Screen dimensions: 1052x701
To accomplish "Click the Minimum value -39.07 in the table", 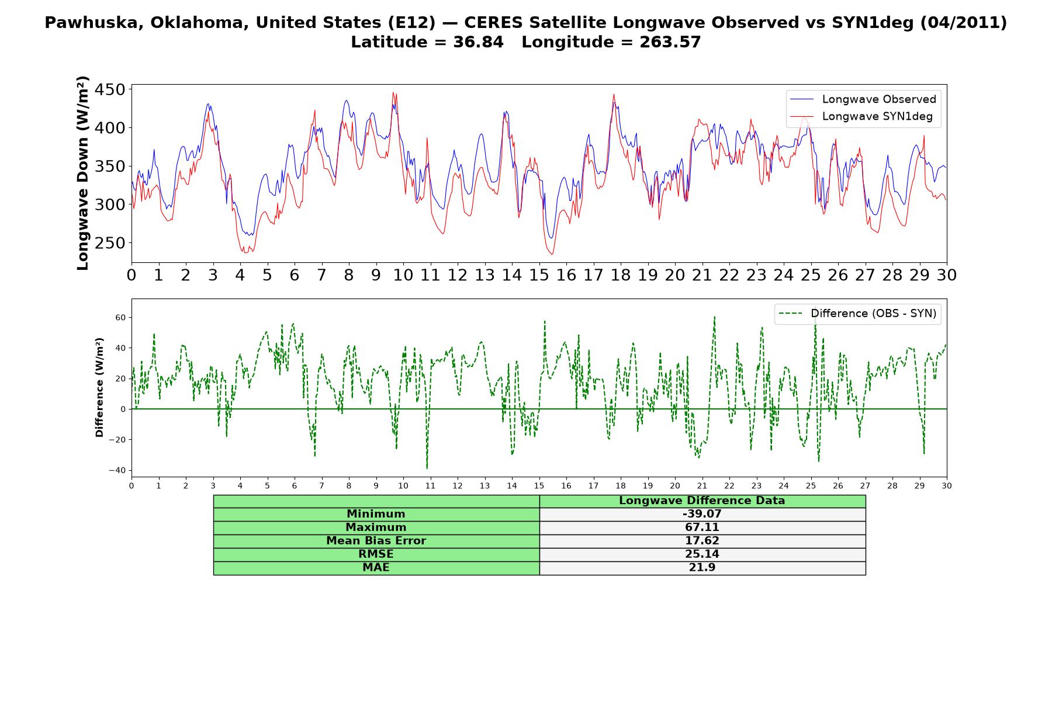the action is click(702, 514).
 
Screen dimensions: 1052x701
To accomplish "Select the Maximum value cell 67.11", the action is click(702, 528).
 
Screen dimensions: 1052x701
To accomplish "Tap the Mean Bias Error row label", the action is click(376, 541).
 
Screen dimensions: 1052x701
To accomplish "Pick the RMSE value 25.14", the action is click(702, 554).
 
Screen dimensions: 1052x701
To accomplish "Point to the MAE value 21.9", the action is click(702, 568).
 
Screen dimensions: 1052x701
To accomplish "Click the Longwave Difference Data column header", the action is click(702, 501).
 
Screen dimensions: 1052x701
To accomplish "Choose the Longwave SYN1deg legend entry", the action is click(861, 116).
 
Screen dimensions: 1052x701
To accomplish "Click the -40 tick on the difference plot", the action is click(117, 470).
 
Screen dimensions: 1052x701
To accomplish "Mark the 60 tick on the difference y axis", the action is click(120, 318).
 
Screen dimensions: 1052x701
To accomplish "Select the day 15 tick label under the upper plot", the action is click(539, 275).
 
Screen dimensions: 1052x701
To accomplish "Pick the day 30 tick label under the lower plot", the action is click(946, 485).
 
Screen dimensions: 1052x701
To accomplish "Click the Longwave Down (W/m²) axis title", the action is click(82, 173).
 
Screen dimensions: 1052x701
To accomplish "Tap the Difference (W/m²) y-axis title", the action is click(99, 387).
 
